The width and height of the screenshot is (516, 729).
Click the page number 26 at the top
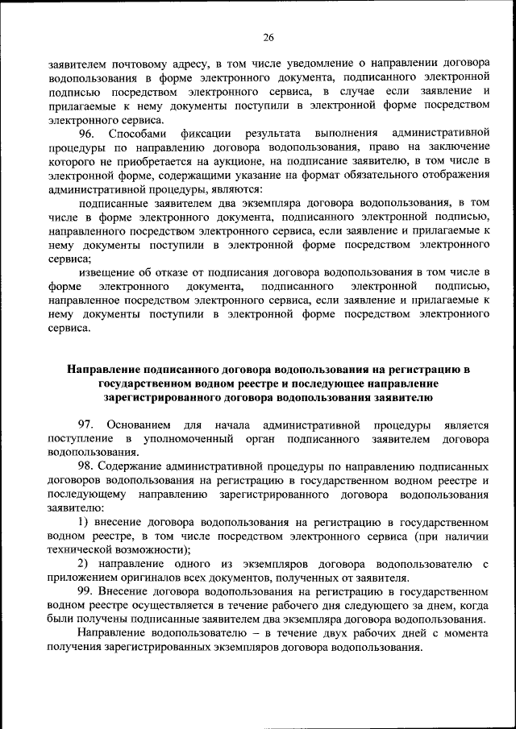coord(268,36)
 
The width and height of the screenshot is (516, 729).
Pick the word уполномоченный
coord(189,439)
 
